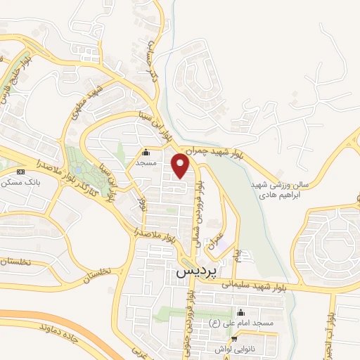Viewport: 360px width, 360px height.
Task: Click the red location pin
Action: (181, 167)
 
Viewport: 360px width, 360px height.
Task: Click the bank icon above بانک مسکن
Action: (20, 171)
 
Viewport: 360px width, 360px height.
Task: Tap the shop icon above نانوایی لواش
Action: (244, 338)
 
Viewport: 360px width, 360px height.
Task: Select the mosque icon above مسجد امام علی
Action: (241, 312)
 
